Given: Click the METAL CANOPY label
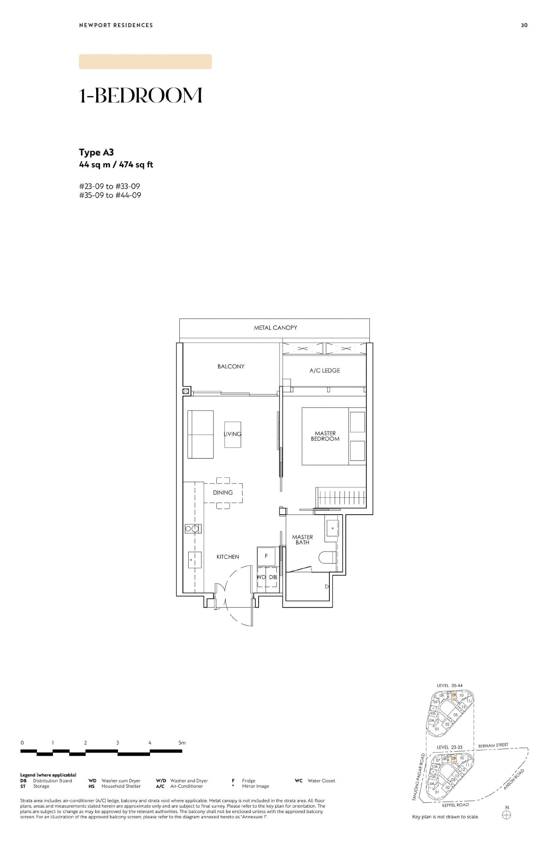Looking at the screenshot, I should [x=276, y=328].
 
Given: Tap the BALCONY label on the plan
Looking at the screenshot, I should [x=231, y=367].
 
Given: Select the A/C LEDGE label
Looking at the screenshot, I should [x=324, y=371].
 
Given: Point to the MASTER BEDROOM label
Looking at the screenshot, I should [x=325, y=436].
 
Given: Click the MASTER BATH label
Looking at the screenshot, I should [x=302, y=540].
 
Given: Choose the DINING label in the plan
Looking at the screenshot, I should [x=223, y=492].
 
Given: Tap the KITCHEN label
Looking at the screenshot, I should [x=227, y=557].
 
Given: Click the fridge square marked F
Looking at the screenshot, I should [x=266, y=556].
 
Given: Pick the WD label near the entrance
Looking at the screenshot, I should [x=262, y=577].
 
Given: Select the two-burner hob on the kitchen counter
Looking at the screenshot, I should [x=193, y=528].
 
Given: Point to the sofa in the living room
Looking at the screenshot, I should [x=200, y=434].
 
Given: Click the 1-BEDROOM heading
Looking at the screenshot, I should [x=141, y=96].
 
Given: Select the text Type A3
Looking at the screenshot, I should [x=96, y=153].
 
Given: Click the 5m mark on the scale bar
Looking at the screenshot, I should [x=182, y=743].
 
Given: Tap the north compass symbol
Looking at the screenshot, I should [x=506, y=815].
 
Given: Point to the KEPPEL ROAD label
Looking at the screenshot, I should [x=455, y=805].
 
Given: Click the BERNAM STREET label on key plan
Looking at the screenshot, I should [x=493, y=745].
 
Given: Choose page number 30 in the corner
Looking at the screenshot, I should [x=524, y=25].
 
